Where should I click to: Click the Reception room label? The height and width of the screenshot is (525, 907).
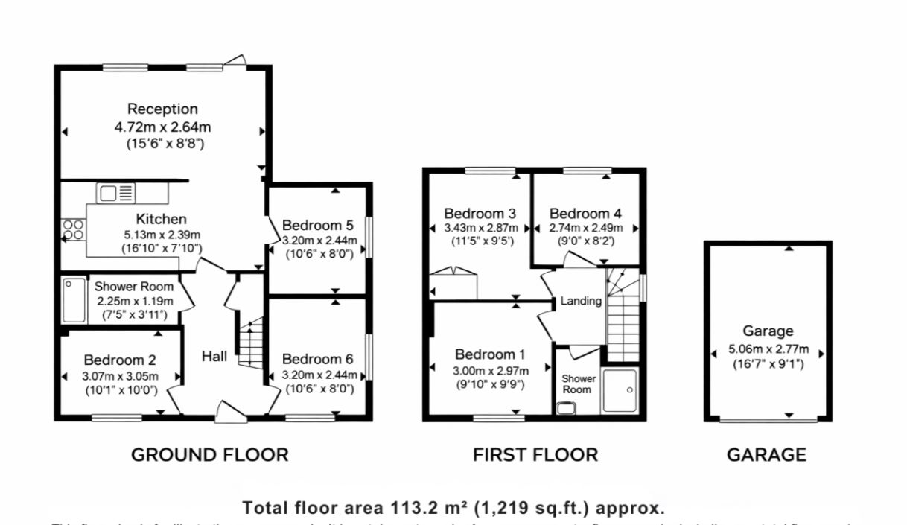[162, 109]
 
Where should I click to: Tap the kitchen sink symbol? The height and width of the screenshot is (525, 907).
[115, 193]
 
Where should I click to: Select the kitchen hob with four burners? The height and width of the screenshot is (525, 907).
[73, 229]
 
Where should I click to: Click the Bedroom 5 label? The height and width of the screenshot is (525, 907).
[317, 225]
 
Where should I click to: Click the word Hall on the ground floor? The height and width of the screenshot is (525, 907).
[214, 357]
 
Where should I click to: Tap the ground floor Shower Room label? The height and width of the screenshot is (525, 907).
[134, 287]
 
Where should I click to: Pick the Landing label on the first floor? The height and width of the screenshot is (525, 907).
[581, 301]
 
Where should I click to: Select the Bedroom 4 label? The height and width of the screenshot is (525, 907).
[585, 214]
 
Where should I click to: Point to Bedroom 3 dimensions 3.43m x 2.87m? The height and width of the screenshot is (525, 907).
[479, 228]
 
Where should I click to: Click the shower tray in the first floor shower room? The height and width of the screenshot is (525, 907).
[620, 390]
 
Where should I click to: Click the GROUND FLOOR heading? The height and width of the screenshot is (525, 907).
[209, 454]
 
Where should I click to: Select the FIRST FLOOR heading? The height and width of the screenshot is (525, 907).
[535, 454]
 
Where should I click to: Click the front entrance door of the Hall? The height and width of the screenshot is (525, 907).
[231, 413]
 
